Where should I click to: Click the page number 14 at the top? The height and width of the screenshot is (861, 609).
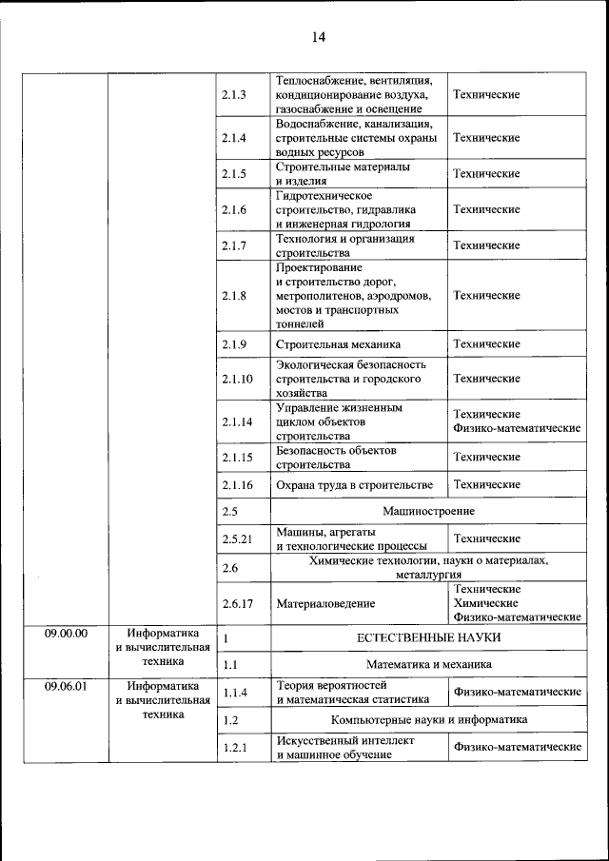click(318, 37)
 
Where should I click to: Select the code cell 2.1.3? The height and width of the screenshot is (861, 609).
click(234, 95)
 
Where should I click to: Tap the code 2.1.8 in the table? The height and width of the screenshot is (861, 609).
click(234, 296)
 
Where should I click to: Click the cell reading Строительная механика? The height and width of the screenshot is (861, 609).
click(338, 343)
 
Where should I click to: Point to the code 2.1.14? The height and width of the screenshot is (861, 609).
click(237, 421)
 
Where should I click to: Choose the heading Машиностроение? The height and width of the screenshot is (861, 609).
click(427, 512)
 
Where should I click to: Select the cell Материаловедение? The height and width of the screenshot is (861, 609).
click(324, 603)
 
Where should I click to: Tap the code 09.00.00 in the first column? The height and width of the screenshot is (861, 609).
click(66, 633)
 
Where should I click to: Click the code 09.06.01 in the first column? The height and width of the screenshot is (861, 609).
click(66, 685)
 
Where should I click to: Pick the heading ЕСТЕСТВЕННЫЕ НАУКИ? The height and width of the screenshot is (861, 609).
click(427, 637)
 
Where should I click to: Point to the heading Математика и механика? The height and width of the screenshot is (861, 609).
click(429, 664)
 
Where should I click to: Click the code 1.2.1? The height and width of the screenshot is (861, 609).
click(234, 748)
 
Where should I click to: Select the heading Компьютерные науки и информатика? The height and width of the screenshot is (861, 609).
click(428, 720)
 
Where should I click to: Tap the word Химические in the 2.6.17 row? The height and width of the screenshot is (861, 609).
click(485, 603)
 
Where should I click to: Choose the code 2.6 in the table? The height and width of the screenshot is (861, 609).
click(229, 568)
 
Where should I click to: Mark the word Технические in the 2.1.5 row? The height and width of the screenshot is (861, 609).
click(485, 174)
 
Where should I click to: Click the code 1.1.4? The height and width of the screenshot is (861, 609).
click(234, 693)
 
